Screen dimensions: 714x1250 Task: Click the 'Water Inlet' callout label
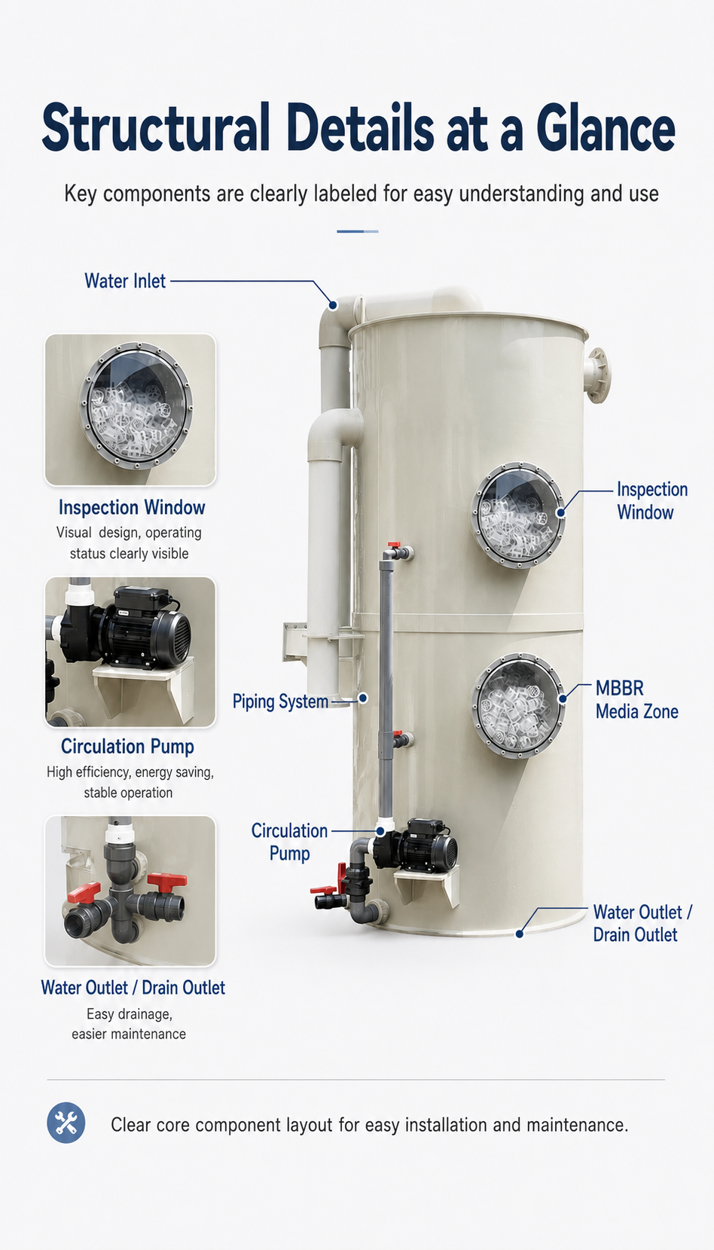click(x=125, y=281)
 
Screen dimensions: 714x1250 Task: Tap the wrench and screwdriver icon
click(x=66, y=1123)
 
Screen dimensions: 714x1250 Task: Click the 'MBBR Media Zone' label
click(x=637, y=700)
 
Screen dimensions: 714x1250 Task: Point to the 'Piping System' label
click(x=280, y=701)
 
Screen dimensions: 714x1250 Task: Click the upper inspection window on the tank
click(x=518, y=515)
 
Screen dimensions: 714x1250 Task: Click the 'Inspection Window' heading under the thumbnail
click(x=132, y=507)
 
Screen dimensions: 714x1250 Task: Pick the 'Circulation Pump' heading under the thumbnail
click(x=128, y=747)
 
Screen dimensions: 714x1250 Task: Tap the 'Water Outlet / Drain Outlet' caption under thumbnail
click(x=133, y=988)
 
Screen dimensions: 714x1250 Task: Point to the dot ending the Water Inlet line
click(x=333, y=305)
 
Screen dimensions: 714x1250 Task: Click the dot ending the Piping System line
click(x=363, y=698)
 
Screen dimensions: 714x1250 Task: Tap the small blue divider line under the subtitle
click(x=358, y=231)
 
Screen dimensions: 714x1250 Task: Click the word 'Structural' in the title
click(x=156, y=127)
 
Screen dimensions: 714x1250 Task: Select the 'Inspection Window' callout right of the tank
click(x=652, y=500)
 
